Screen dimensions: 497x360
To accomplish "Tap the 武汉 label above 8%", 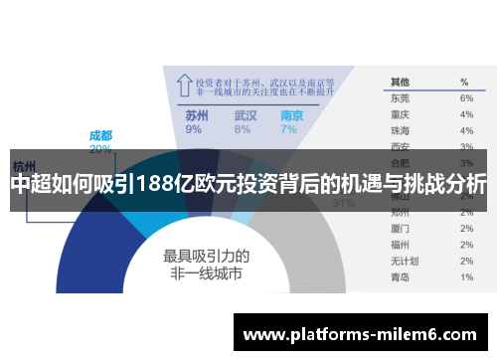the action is [245, 115].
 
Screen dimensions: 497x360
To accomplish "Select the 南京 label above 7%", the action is [292, 115].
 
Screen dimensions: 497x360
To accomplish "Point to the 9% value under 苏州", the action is [193, 129].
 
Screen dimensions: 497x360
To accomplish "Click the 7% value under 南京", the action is [288, 129].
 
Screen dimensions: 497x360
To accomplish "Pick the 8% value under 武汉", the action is [242, 129].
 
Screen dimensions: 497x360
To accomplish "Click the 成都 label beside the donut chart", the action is [100, 135].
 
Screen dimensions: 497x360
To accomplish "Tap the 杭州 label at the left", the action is [24, 164].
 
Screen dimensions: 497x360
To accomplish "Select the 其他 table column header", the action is [400, 82].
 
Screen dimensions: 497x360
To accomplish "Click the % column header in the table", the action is [464, 82].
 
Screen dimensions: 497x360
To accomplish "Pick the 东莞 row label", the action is [400, 98].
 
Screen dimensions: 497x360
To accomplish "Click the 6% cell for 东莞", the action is [466, 98].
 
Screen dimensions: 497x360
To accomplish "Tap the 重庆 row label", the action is [400, 114].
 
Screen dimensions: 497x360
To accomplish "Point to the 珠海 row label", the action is [400, 130].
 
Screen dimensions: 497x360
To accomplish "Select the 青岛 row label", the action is [400, 276].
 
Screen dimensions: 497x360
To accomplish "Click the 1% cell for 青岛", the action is [466, 276].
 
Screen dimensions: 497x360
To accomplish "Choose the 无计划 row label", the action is [403, 261].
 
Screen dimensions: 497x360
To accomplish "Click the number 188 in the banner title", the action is [162, 184].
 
